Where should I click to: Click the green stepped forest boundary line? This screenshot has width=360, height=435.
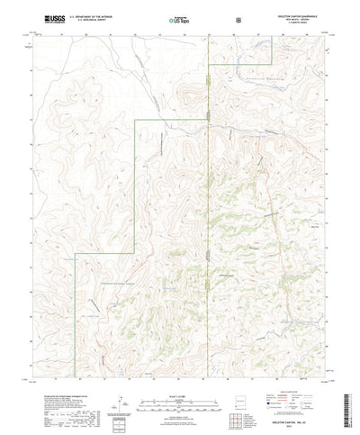pos(135,180)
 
